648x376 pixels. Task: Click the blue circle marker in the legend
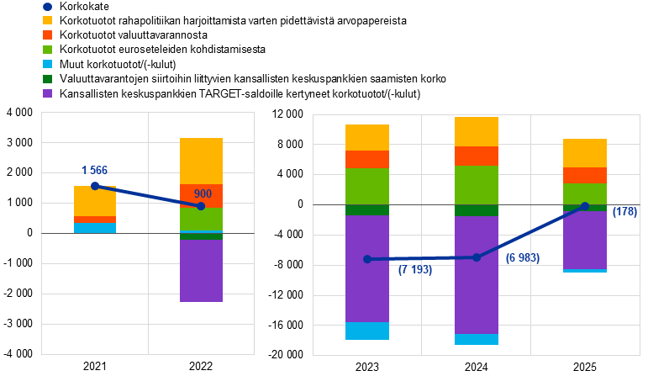(47, 7)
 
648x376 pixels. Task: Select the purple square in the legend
(47, 93)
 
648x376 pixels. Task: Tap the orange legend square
(47, 34)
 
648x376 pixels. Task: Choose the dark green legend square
(47, 79)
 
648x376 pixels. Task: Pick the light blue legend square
(47, 64)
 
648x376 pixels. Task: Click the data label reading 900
(203, 194)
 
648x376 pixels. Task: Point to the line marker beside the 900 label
(200, 206)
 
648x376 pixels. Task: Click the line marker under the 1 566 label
(95, 186)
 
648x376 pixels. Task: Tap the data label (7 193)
(415, 270)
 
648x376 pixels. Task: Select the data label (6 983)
(522, 258)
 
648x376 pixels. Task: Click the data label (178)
(624, 212)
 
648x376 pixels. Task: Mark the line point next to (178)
(584, 206)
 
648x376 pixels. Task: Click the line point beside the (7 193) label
(367, 259)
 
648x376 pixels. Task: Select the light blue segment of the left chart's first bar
(95, 228)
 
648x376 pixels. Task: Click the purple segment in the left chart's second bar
(202, 271)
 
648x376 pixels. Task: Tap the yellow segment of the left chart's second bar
(202, 161)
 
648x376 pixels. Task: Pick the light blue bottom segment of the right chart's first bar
(367, 331)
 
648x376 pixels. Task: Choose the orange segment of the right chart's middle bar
(477, 156)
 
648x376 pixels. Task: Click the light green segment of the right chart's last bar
(585, 193)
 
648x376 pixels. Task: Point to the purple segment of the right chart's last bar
(585, 240)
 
